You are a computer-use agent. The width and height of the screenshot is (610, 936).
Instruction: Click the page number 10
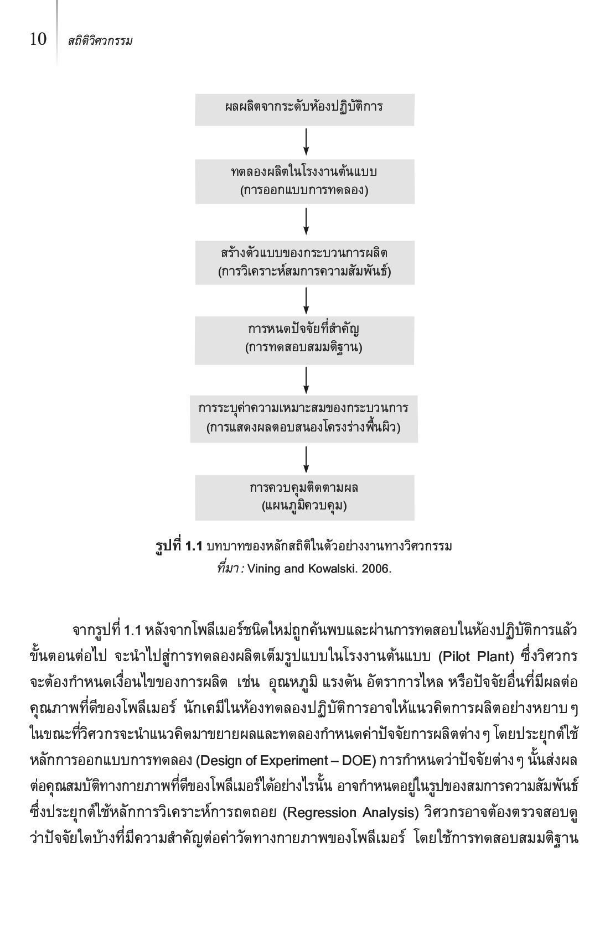coord(38,39)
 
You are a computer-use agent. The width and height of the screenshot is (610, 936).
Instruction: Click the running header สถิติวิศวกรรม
coord(100,40)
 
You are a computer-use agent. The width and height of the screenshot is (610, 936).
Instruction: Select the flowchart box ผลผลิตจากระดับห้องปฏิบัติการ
coord(304,110)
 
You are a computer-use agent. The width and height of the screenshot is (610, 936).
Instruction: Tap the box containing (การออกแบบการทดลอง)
coord(305,181)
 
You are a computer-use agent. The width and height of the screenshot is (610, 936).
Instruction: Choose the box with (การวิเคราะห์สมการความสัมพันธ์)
coord(305,262)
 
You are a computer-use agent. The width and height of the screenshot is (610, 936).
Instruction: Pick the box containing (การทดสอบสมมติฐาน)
coord(304,340)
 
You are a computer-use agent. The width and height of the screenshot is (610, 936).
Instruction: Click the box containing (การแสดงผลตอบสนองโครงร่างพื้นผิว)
coord(304,419)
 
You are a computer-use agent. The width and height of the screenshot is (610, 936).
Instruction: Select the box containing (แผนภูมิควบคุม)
coord(305,498)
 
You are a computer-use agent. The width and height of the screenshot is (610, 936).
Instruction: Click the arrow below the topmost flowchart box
coord(306,142)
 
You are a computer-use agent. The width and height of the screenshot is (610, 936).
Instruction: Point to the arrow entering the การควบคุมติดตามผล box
coord(306,459)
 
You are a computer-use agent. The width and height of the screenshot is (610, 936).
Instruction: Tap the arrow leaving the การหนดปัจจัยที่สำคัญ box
coord(306,380)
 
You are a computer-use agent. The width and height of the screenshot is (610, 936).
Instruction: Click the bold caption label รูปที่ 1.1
coord(179,546)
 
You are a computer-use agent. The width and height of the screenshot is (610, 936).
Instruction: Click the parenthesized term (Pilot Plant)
coord(476,657)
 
